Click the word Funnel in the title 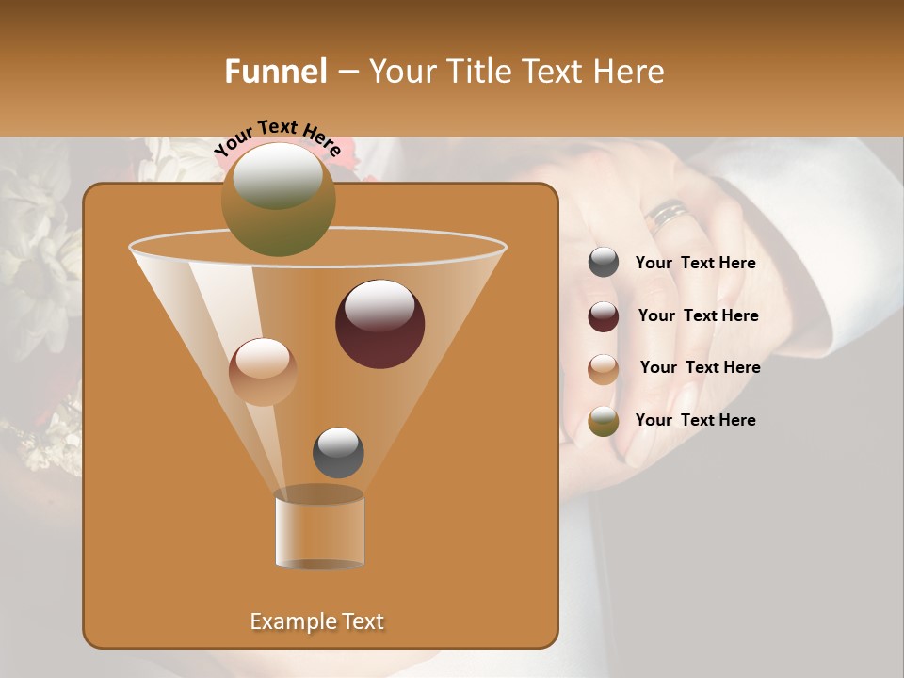coord(275,72)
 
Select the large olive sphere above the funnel coord(278,200)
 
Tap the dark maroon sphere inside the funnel coord(379,324)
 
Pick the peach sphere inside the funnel coord(263,372)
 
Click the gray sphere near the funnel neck coord(338,452)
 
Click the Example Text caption coord(316,621)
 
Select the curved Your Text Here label coord(277,137)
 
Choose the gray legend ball coord(604,263)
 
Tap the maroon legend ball coord(604,316)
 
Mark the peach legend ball coord(604,368)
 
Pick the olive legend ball coord(604,421)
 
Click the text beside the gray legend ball coord(695,264)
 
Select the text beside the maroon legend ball coord(698,316)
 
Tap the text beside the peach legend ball coord(700,367)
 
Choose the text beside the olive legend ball coord(695,420)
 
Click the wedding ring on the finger coord(668,216)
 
